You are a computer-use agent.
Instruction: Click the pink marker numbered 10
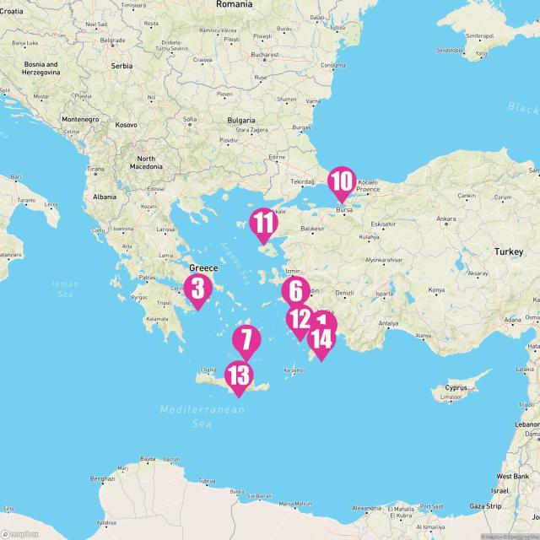pos(341,182)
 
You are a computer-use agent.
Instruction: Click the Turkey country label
pos(509,251)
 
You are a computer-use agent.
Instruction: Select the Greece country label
pos(202,267)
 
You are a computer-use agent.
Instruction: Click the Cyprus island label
pos(456,387)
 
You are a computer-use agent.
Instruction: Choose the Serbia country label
pos(121,65)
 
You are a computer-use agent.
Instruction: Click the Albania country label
pos(105,197)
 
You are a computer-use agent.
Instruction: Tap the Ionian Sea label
pos(65,288)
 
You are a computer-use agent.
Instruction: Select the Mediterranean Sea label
pos(202,416)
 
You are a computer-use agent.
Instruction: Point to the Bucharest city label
pos(264,56)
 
